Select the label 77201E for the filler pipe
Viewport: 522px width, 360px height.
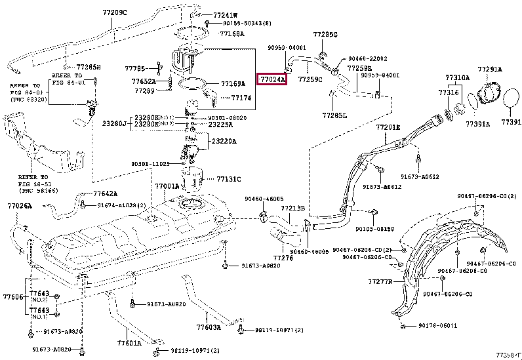(x=388, y=127)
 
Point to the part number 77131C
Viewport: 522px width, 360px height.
(x=229, y=178)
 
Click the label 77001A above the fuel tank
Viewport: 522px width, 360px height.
(x=167, y=186)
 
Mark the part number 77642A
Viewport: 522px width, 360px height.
(x=105, y=193)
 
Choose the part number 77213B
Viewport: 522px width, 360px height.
(x=293, y=209)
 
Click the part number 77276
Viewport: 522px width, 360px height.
(x=283, y=258)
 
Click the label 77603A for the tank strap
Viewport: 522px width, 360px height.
(x=208, y=327)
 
